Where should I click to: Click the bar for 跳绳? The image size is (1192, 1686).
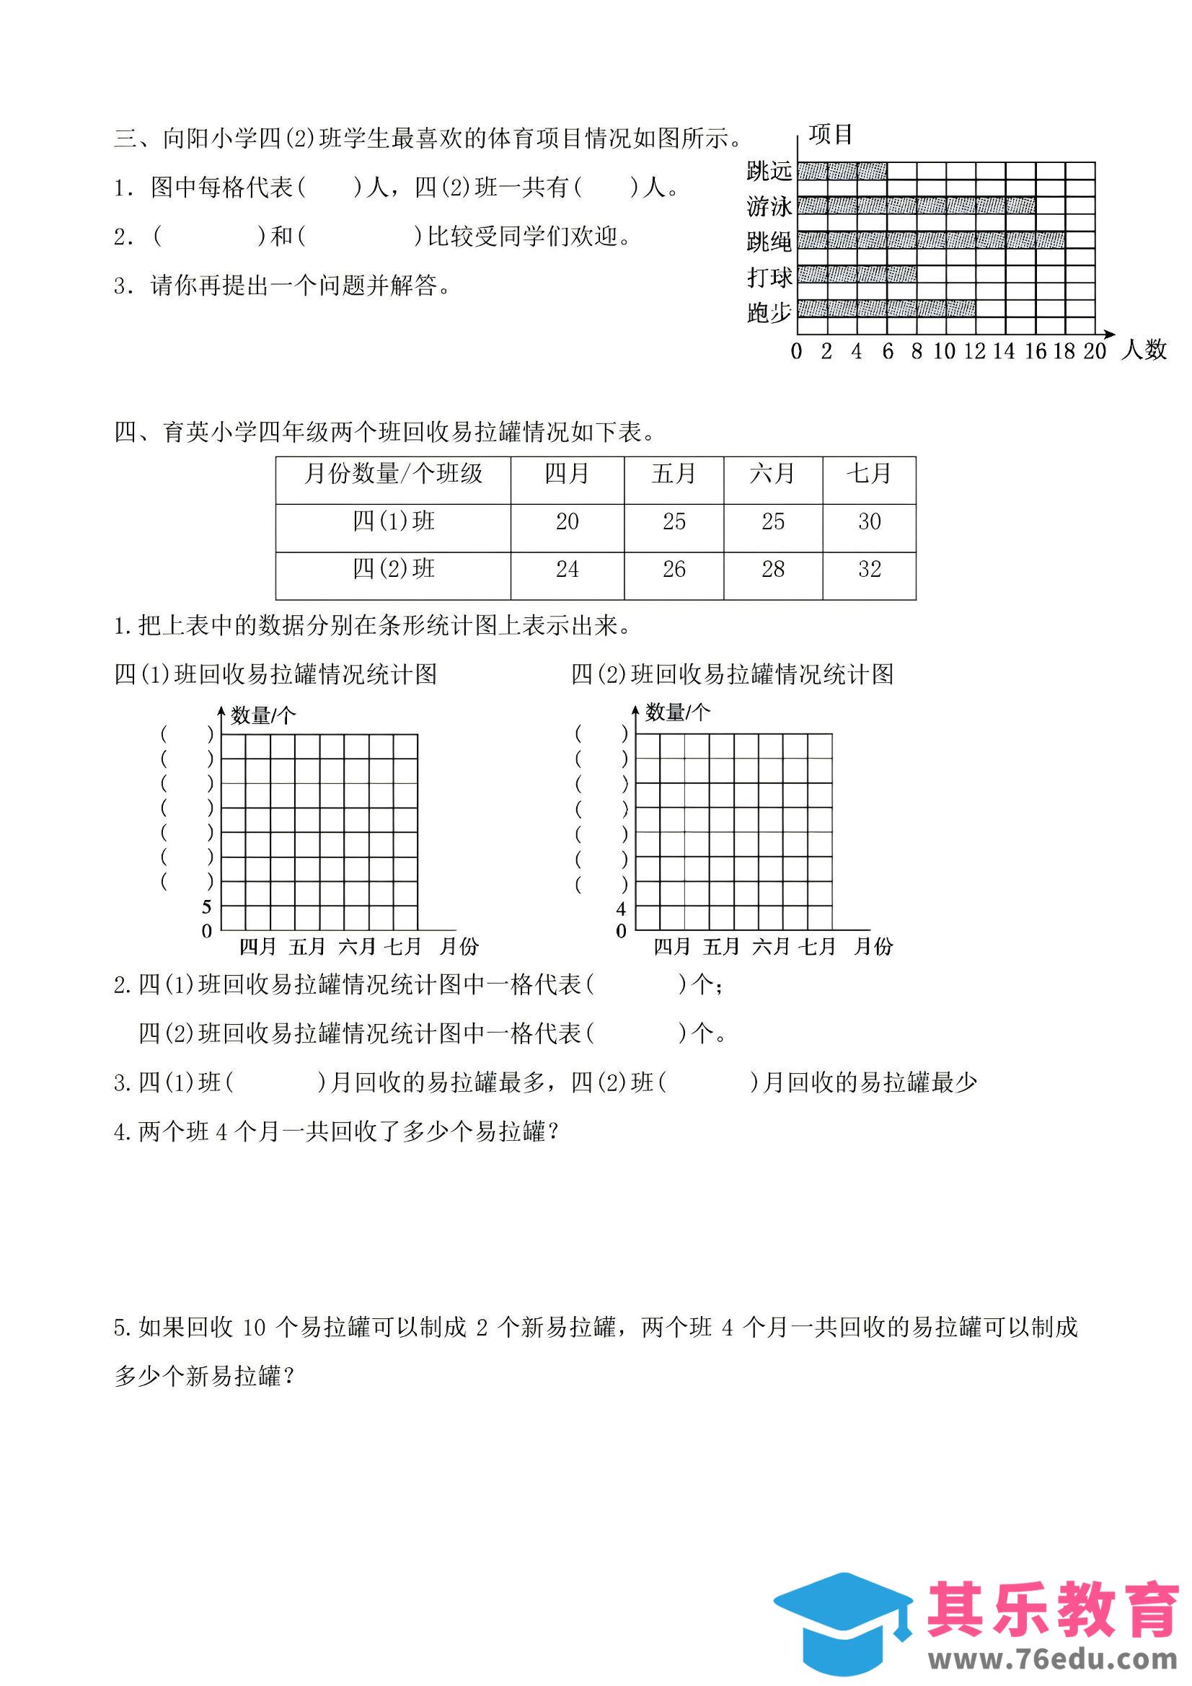click(930, 240)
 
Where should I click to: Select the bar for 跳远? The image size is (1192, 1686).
click(842, 171)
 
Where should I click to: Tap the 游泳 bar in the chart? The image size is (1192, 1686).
click(916, 205)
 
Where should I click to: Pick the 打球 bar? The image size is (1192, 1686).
click(857, 275)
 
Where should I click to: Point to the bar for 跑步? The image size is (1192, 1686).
click(886, 308)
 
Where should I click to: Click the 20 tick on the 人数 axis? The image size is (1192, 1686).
click(1094, 352)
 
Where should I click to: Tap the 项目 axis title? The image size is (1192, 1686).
click(831, 134)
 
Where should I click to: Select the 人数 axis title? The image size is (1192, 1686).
click(1144, 350)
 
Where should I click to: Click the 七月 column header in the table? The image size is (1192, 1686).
click(869, 475)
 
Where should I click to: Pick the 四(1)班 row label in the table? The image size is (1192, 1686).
click(393, 522)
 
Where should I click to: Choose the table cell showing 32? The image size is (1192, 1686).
click(869, 569)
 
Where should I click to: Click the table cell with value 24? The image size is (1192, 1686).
click(566, 569)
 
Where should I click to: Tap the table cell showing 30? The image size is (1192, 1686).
click(869, 522)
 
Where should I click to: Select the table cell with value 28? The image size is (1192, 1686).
click(772, 569)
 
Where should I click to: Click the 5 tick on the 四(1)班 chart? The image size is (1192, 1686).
click(207, 907)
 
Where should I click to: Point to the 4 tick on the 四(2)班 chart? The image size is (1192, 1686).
click(622, 909)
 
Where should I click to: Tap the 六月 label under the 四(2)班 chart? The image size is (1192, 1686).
click(769, 948)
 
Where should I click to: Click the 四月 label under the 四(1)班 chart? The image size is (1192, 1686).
click(257, 948)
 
